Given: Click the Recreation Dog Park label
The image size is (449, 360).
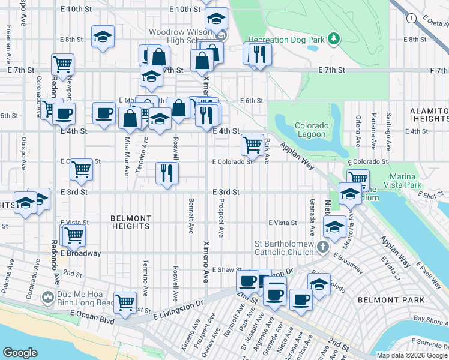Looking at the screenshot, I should pyautogui.click(x=285, y=40).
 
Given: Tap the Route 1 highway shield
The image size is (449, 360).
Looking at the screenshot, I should pyautogui.click(x=411, y=19).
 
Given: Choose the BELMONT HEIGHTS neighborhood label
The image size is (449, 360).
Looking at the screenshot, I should pyautogui.click(x=130, y=222).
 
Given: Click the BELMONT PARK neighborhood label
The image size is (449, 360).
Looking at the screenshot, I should pyautogui.click(x=391, y=299).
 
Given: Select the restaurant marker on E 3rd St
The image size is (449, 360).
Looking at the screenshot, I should pyautogui.click(x=167, y=173).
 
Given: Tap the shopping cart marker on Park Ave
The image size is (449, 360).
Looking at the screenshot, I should pyautogui.click(x=253, y=145).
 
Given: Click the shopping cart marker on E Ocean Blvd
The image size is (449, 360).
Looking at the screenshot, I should pyautogui.click(x=125, y=302).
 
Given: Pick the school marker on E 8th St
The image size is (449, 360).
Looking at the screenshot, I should pyautogui.click(x=103, y=37).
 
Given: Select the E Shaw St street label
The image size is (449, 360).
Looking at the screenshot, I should pyautogui.click(x=227, y=270).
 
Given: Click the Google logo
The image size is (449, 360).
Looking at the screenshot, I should pyautogui.click(x=20, y=353).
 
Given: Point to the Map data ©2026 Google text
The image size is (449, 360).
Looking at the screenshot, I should pyautogui.click(x=411, y=355).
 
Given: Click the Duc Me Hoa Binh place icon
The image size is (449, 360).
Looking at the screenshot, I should pyautogui.click(x=47, y=297).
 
